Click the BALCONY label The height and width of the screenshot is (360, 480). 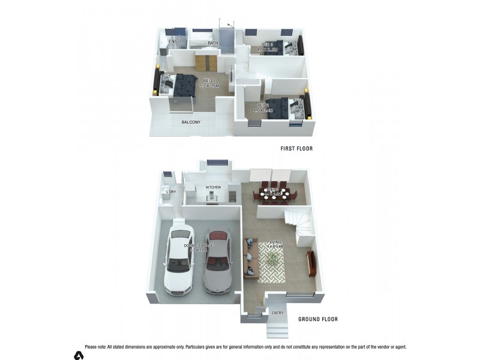tap(191, 122)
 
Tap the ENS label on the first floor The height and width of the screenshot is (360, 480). tap(173, 41)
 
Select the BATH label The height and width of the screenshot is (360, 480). tap(212, 43)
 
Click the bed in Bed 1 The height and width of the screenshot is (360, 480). tap(181, 85)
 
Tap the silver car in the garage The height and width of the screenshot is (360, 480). tap(217, 260)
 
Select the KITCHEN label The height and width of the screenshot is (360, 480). tap(213, 187)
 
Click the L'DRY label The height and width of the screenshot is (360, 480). tap(171, 192)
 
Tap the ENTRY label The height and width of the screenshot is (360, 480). tap(277, 313)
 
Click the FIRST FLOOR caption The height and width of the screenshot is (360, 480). tap(296, 148)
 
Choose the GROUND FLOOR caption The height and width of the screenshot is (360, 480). tap(318, 319)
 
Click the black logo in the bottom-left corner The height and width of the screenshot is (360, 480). tap(79, 355)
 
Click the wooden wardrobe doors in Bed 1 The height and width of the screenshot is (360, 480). tap(205, 61)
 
